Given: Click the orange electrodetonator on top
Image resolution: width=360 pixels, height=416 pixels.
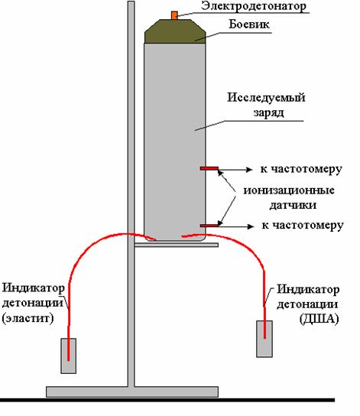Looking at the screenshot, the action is [174, 15].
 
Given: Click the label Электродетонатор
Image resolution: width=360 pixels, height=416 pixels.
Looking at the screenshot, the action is [254, 6].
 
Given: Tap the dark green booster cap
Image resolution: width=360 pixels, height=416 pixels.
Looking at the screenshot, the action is [175, 31].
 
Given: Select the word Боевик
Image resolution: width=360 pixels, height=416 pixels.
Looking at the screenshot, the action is [249, 24].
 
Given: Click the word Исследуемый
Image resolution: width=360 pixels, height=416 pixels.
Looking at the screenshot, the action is [266, 97].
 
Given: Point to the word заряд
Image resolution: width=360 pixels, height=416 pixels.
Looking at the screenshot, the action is [268, 112].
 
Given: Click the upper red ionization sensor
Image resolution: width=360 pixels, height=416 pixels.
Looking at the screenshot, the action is [209, 168].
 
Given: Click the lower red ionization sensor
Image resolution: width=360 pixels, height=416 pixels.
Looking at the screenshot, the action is [209, 226].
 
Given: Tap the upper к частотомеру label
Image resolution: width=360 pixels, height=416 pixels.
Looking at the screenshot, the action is [301, 170].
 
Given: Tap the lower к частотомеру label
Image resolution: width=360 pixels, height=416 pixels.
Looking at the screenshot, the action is [303, 226].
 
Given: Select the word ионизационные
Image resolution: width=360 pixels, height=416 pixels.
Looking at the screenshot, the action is [289, 190].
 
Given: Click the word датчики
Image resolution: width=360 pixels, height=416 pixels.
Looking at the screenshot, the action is [293, 205].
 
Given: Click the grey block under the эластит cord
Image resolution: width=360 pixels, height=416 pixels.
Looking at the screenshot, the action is [68, 356].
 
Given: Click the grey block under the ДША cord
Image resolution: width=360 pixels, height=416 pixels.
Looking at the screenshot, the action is [264, 339].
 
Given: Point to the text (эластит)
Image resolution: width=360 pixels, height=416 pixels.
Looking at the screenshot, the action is [28, 318].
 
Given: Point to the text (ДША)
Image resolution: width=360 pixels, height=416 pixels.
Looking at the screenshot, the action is [319, 319].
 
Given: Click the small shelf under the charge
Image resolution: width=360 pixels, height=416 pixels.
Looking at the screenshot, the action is [177, 245].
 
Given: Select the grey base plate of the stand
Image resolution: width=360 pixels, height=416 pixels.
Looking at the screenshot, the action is [132, 392].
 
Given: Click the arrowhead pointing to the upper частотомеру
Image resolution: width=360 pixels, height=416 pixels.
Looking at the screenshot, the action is [249, 169].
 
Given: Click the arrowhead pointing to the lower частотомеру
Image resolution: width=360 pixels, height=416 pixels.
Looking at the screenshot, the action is [250, 226].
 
